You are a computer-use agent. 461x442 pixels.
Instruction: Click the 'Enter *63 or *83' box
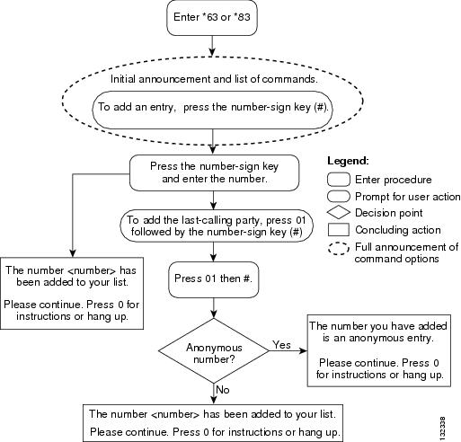click(x=212, y=18)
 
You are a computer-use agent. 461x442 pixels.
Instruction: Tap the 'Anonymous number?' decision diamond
click(x=214, y=350)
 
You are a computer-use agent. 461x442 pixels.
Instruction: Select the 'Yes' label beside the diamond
click(x=281, y=345)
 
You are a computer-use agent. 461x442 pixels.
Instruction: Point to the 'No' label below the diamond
click(x=223, y=390)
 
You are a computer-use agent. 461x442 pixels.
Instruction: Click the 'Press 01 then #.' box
click(x=213, y=279)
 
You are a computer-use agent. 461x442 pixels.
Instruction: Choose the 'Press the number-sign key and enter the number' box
click(x=214, y=172)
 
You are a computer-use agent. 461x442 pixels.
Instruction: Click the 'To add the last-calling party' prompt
click(x=217, y=226)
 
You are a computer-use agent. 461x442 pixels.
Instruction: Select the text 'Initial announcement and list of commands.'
click(x=214, y=79)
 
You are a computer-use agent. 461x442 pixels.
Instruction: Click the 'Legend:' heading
click(x=348, y=161)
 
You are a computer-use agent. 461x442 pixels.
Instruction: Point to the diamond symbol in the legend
click(x=339, y=213)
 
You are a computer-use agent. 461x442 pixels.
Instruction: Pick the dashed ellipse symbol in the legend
click(x=339, y=249)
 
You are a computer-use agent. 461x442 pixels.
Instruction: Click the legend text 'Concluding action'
click(x=398, y=230)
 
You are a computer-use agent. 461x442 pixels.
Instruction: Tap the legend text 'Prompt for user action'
click(x=407, y=197)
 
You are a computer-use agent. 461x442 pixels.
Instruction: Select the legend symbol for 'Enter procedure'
click(x=339, y=180)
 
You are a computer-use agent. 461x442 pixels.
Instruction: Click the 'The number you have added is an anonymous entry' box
click(x=379, y=350)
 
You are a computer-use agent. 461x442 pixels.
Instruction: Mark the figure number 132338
click(x=443, y=427)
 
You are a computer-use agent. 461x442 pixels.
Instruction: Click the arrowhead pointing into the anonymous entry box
click(x=303, y=350)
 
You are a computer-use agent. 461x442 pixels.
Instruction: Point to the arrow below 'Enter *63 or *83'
click(x=212, y=46)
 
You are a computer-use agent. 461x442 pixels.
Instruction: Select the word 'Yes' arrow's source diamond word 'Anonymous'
click(x=214, y=348)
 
